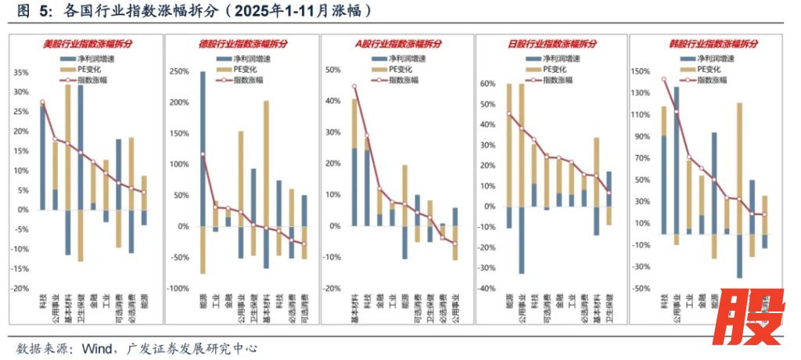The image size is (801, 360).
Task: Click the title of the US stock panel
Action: (x=88, y=44)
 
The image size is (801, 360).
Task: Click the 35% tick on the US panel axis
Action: (x=20, y=73)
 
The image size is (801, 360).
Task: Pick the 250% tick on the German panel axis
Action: (x=178, y=73)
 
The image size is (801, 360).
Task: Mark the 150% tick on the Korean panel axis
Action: (x=641, y=71)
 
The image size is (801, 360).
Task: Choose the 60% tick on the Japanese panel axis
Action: (x=488, y=84)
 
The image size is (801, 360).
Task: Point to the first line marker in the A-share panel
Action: (x=354, y=86)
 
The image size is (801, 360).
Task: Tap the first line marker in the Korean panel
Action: (x=664, y=79)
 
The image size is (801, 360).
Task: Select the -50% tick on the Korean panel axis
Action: (x=641, y=289)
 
